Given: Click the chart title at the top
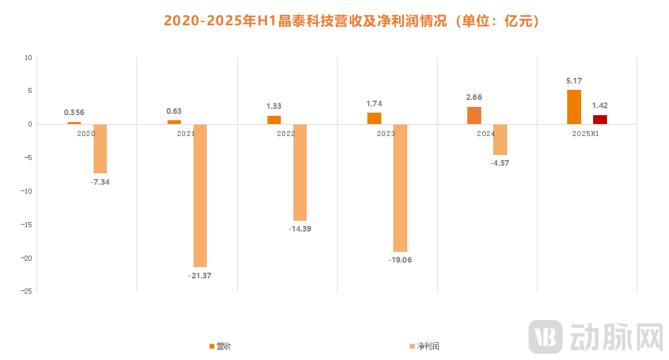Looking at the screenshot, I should (x=352, y=21).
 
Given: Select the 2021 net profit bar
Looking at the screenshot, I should (x=200, y=195).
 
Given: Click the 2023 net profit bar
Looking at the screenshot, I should (x=400, y=188).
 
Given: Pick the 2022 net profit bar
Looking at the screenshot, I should (x=300, y=172).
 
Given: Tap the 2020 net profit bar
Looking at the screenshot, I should (x=100, y=149).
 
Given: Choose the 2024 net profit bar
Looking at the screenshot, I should (x=500, y=139).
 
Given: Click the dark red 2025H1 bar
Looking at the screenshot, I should (x=599, y=120).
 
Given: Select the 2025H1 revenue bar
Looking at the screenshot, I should (x=574, y=107).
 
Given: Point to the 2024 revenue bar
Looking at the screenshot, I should (x=474, y=115).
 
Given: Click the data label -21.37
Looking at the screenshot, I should (x=200, y=275).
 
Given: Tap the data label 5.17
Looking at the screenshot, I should (x=574, y=81).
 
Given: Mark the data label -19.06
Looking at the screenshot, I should (x=400, y=259).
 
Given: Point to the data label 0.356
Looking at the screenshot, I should (x=74, y=113).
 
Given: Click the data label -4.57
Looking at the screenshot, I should (x=500, y=163).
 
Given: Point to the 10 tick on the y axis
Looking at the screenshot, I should (x=28, y=58).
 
